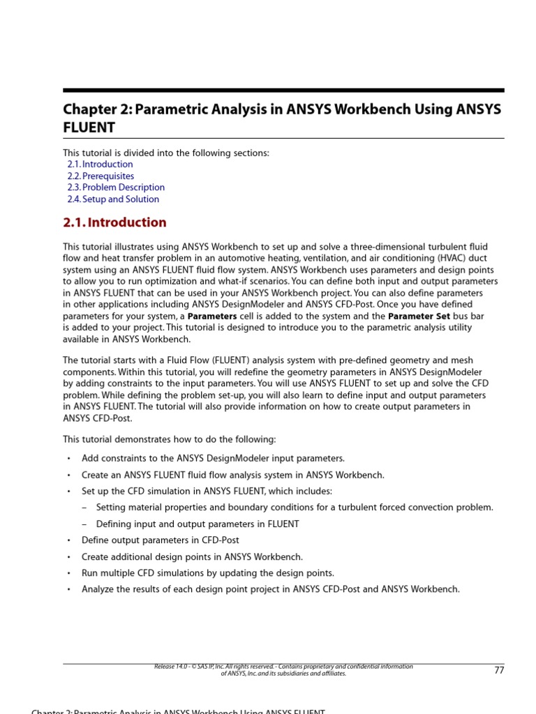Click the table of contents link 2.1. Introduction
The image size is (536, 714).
(100, 165)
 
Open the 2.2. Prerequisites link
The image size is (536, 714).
(100, 176)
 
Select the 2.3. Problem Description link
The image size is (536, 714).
(116, 188)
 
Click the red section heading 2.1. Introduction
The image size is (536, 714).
(114, 222)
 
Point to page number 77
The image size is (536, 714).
(498, 670)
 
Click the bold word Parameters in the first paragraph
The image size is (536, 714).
(212, 316)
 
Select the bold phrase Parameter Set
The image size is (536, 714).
(416, 316)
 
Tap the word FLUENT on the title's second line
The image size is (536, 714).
(89, 128)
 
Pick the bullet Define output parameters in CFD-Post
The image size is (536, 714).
(160, 540)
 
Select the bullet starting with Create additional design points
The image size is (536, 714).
(192, 557)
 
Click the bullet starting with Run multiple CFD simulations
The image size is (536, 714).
(207, 573)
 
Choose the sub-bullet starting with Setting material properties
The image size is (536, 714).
(294, 508)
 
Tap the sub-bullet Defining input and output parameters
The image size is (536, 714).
(198, 524)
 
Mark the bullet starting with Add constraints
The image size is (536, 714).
(213, 459)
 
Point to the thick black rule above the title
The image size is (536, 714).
(283, 90)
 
